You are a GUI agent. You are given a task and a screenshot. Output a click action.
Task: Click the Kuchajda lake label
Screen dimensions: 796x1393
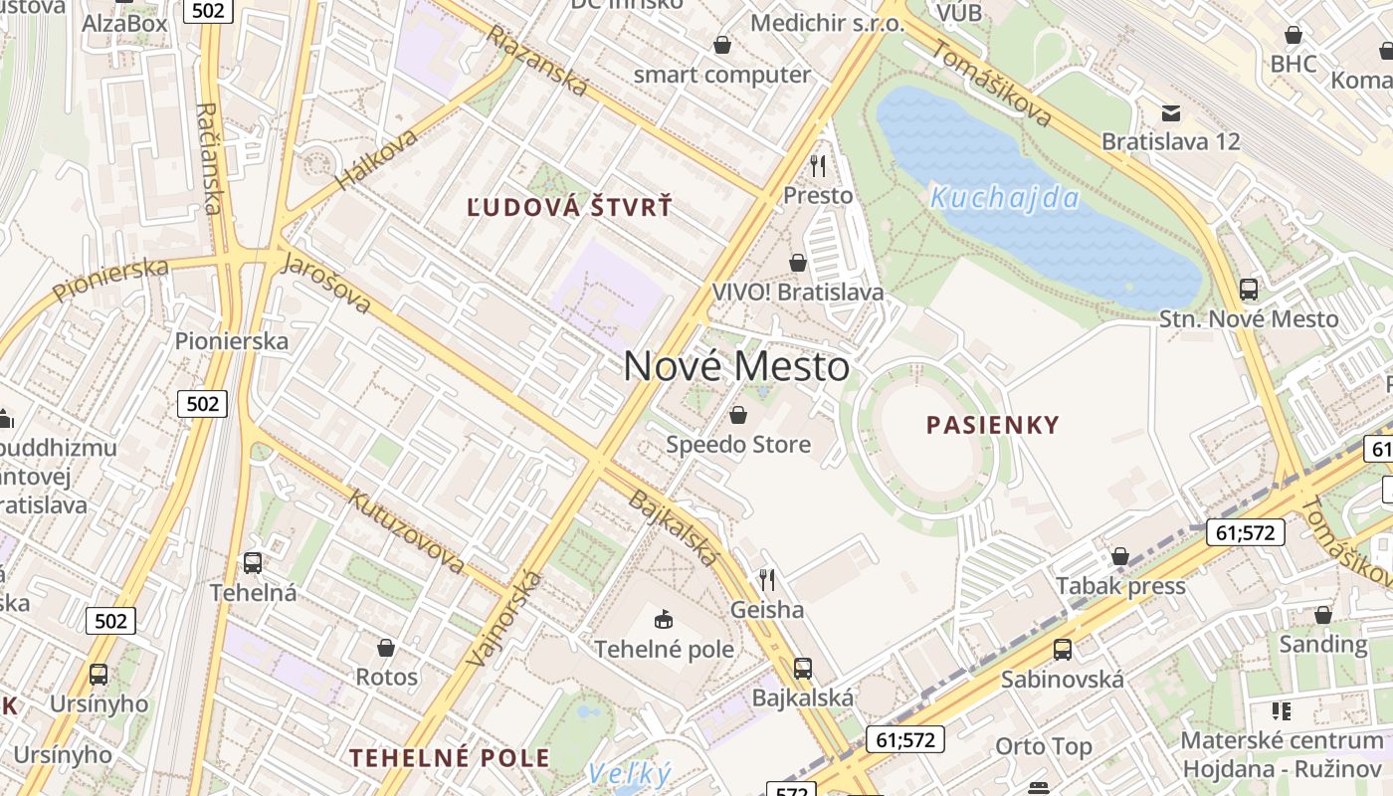tap(1004, 198)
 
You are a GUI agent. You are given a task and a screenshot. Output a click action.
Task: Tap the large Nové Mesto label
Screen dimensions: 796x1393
tap(736, 367)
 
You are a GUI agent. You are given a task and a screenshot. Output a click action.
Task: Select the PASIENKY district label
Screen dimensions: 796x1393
tap(993, 426)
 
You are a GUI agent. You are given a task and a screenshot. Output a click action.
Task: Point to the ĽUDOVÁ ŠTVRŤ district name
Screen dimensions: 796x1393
tap(570, 208)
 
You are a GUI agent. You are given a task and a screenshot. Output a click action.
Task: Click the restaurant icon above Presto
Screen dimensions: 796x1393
tap(818, 165)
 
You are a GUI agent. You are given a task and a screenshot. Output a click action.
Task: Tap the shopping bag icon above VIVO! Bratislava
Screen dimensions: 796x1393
tap(798, 263)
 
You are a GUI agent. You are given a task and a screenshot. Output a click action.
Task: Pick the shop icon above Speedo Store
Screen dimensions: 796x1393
tap(738, 415)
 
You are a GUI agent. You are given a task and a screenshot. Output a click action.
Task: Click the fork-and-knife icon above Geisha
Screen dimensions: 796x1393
tap(766, 579)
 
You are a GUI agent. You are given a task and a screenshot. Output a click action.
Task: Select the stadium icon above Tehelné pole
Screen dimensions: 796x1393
tap(664, 620)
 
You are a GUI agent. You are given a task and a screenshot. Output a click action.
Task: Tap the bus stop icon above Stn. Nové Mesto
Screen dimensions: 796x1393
tap(1249, 290)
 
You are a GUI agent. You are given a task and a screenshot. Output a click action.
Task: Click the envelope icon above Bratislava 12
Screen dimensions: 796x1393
tap(1171, 112)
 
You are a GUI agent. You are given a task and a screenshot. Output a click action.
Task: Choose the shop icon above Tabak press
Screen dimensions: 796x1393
tap(1120, 556)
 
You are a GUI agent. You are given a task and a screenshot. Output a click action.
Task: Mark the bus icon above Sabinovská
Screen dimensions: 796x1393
tap(1063, 650)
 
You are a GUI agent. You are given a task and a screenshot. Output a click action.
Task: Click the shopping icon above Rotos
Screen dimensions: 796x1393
tap(386, 649)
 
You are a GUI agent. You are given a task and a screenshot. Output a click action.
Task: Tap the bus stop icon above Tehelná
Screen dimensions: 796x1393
tap(253, 563)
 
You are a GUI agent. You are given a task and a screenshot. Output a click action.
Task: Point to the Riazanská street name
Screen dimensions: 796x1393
tap(536, 61)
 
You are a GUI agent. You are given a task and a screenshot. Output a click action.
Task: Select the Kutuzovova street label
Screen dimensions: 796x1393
tap(405, 529)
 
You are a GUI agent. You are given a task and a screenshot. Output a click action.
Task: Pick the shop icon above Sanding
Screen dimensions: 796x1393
tap(1323, 615)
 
